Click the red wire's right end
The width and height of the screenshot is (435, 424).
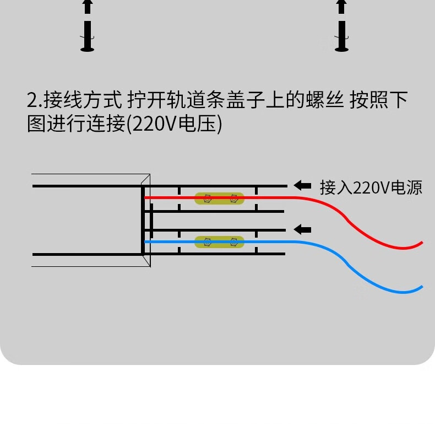point(421,243)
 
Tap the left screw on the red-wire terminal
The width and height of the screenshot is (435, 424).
point(207,198)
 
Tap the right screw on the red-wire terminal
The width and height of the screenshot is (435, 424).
point(233,198)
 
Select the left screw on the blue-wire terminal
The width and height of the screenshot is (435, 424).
point(207,241)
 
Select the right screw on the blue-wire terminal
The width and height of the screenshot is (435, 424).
point(233,241)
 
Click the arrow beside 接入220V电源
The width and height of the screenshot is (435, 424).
point(302,185)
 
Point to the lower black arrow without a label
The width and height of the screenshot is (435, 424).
point(302,229)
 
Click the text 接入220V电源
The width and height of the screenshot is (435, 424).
point(371,187)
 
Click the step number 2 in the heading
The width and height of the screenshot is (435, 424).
point(32,101)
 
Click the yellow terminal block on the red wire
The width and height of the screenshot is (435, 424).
point(220,198)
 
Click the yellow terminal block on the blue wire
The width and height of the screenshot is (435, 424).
point(220,241)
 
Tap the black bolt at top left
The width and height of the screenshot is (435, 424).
point(87,28)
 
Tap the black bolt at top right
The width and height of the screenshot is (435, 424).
point(341,28)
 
